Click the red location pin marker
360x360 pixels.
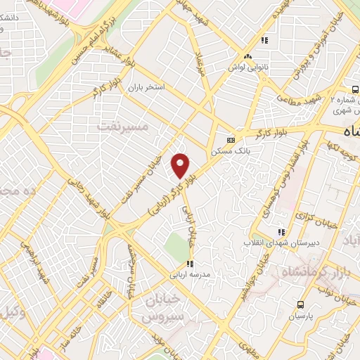tap(181, 166)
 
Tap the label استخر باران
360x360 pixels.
tap(146, 88)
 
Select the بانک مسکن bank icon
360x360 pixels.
tap(230, 139)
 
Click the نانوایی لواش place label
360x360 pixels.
tap(247, 67)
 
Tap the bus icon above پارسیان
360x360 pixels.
tap(301, 304)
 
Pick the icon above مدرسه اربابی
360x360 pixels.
tap(189, 264)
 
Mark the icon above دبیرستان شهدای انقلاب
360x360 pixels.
tap(281, 232)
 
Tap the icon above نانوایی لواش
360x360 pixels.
tap(247, 56)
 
